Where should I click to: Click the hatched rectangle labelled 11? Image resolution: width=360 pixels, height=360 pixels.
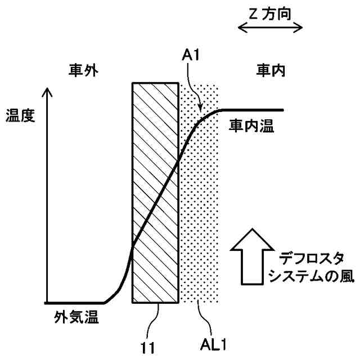[x=155, y=191]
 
